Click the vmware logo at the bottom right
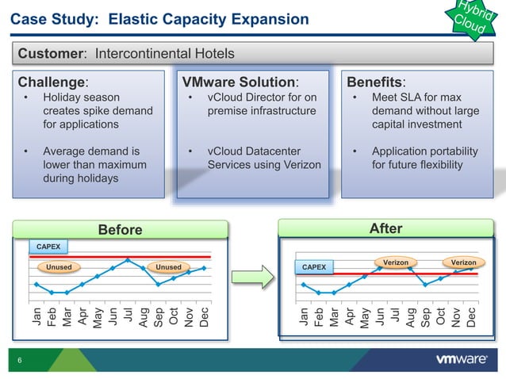pyautogui.click(x=462, y=359)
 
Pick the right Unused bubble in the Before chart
pyautogui.click(x=168, y=267)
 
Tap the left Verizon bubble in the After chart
pyautogui.click(x=395, y=262)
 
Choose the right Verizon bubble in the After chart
pyautogui.click(x=463, y=262)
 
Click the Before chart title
pyautogui.click(x=120, y=230)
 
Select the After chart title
pyautogui.click(x=386, y=228)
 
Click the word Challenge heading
pyautogui.click(x=52, y=82)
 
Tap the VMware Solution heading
pyautogui.click(x=240, y=82)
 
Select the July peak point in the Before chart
pyautogui.click(x=128, y=259)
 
